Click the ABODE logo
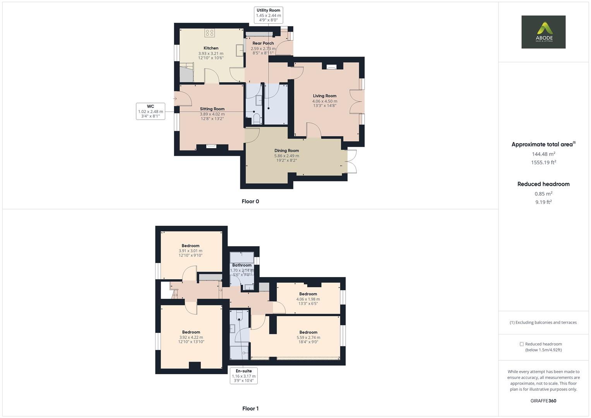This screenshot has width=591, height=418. [543, 32]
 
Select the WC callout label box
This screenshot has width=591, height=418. [151, 111]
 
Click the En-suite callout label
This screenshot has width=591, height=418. [243, 375]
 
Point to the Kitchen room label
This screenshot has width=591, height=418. [211, 48]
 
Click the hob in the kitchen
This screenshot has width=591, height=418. [210, 33]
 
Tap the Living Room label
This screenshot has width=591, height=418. [325, 96]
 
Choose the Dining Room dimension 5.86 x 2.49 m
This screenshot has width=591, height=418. [286, 156]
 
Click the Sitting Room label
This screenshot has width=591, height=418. [212, 109]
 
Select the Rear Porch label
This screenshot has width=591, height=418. [263, 43]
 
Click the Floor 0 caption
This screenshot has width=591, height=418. [250, 201]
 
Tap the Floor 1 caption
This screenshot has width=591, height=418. [250, 408]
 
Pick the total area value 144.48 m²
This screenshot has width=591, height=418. [543, 154]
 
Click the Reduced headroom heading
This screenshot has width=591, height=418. [543, 184]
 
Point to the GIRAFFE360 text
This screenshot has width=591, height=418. [543, 401]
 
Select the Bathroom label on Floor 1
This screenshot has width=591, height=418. [242, 265]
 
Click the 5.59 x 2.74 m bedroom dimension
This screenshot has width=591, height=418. [308, 337]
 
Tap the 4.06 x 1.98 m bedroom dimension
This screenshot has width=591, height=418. [308, 299]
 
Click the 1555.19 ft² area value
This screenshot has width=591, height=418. [543, 163]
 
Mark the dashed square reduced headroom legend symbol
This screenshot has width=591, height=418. [521, 344]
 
